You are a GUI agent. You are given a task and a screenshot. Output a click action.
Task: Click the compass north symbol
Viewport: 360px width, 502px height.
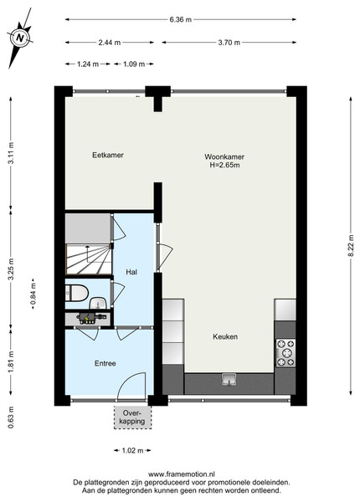pyautogui.click(x=20, y=38)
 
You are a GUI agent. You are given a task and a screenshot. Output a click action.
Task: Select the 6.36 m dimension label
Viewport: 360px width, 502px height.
pyautogui.click(x=181, y=19)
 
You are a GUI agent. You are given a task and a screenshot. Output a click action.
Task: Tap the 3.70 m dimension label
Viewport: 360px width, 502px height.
pyautogui.click(x=229, y=43)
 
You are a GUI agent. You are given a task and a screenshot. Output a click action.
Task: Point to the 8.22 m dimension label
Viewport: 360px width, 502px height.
pyautogui.click(x=352, y=245)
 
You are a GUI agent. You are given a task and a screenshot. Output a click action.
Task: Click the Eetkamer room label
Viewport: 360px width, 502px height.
pyautogui.click(x=108, y=155)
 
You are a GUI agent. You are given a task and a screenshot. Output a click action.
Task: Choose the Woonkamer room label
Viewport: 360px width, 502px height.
pyautogui.click(x=224, y=157)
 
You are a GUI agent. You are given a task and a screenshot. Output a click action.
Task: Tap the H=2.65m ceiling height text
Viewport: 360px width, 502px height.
pyautogui.click(x=224, y=165)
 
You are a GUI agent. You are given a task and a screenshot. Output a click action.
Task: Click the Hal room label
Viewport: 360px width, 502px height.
pyautogui.click(x=131, y=272)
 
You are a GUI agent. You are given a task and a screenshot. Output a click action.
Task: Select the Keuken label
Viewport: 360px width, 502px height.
pyautogui.click(x=225, y=337)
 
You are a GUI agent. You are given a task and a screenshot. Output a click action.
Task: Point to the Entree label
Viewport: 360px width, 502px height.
pyautogui.click(x=105, y=363)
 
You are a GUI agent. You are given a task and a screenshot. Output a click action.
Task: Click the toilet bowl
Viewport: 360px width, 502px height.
pyautogui.click(x=77, y=293)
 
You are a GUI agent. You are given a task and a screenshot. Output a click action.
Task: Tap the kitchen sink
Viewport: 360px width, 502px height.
pyautogui.click(x=229, y=380)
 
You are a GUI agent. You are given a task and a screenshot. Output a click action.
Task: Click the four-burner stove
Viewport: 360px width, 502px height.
pyautogui.click(x=285, y=353)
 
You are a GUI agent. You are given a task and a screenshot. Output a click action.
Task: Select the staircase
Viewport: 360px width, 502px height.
pyautogui.click(x=89, y=259)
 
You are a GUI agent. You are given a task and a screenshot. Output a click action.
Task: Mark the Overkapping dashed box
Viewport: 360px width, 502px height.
pyautogui.click(x=132, y=417)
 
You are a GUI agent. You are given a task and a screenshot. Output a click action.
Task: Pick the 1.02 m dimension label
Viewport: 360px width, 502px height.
pyautogui.click(x=132, y=450)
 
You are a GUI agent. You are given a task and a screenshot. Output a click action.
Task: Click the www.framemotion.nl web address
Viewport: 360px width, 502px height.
pyautogui.click(x=182, y=474)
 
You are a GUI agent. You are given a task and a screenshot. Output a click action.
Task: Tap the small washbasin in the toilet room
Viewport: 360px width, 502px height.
pyautogui.click(x=98, y=303)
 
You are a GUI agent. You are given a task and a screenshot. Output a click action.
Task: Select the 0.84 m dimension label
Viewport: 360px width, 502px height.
pyautogui.click(x=33, y=294)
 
